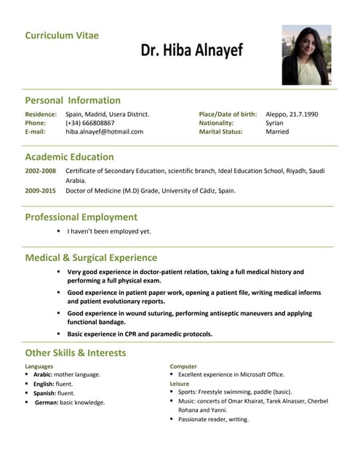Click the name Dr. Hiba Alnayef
tap(192, 51)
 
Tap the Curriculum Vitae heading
tap(62, 35)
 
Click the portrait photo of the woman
tap(306, 55)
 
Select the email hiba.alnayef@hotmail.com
tap(104, 132)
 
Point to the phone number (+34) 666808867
tap(89, 123)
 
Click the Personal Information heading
tap(73, 100)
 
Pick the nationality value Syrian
tap(274, 123)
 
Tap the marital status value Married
tap(277, 132)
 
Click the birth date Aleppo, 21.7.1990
tap(292, 114)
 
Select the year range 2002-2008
tap(40, 170)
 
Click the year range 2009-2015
tap(40, 190)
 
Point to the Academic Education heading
tap(69, 156)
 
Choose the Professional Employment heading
tap(81, 217)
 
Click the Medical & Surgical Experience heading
tap(91, 257)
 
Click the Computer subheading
tap(183, 366)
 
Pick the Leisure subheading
tap(179, 383)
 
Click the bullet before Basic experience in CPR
tap(59, 333)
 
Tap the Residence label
tap(41, 114)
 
